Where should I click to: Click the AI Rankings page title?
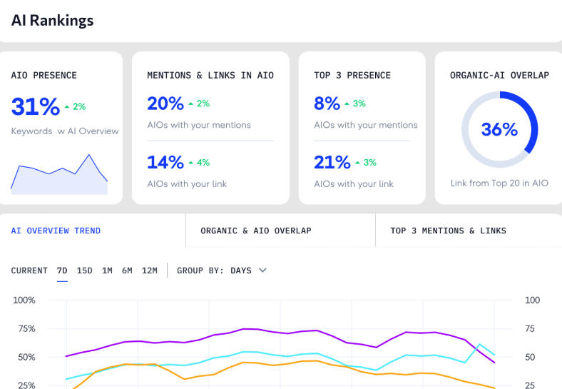(x=52, y=20)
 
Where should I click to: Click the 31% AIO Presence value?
(x=35, y=106)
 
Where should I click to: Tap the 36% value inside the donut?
(x=499, y=129)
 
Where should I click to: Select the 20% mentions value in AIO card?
(x=165, y=103)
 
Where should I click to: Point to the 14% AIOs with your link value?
(x=165, y=162)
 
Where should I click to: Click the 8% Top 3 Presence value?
(x=327, y=103)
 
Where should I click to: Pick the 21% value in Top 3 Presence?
(x=332, y=162)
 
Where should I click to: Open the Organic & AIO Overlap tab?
(x=255, y=231)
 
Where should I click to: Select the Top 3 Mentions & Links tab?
(x=448, y=231)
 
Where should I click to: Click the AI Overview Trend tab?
(x=56, y=231)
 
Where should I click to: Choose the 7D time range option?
(x=62, y=271)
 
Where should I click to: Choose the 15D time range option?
(x=84, y=271)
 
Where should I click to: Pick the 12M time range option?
(x=149, y=271)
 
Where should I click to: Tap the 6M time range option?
(x=127, y=271)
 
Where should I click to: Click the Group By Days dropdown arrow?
(x=262, y=271)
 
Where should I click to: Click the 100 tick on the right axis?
(x=532, y=300)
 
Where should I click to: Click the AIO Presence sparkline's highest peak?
(x=89, y=154)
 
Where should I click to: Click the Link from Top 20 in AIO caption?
(x=499, y=183)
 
